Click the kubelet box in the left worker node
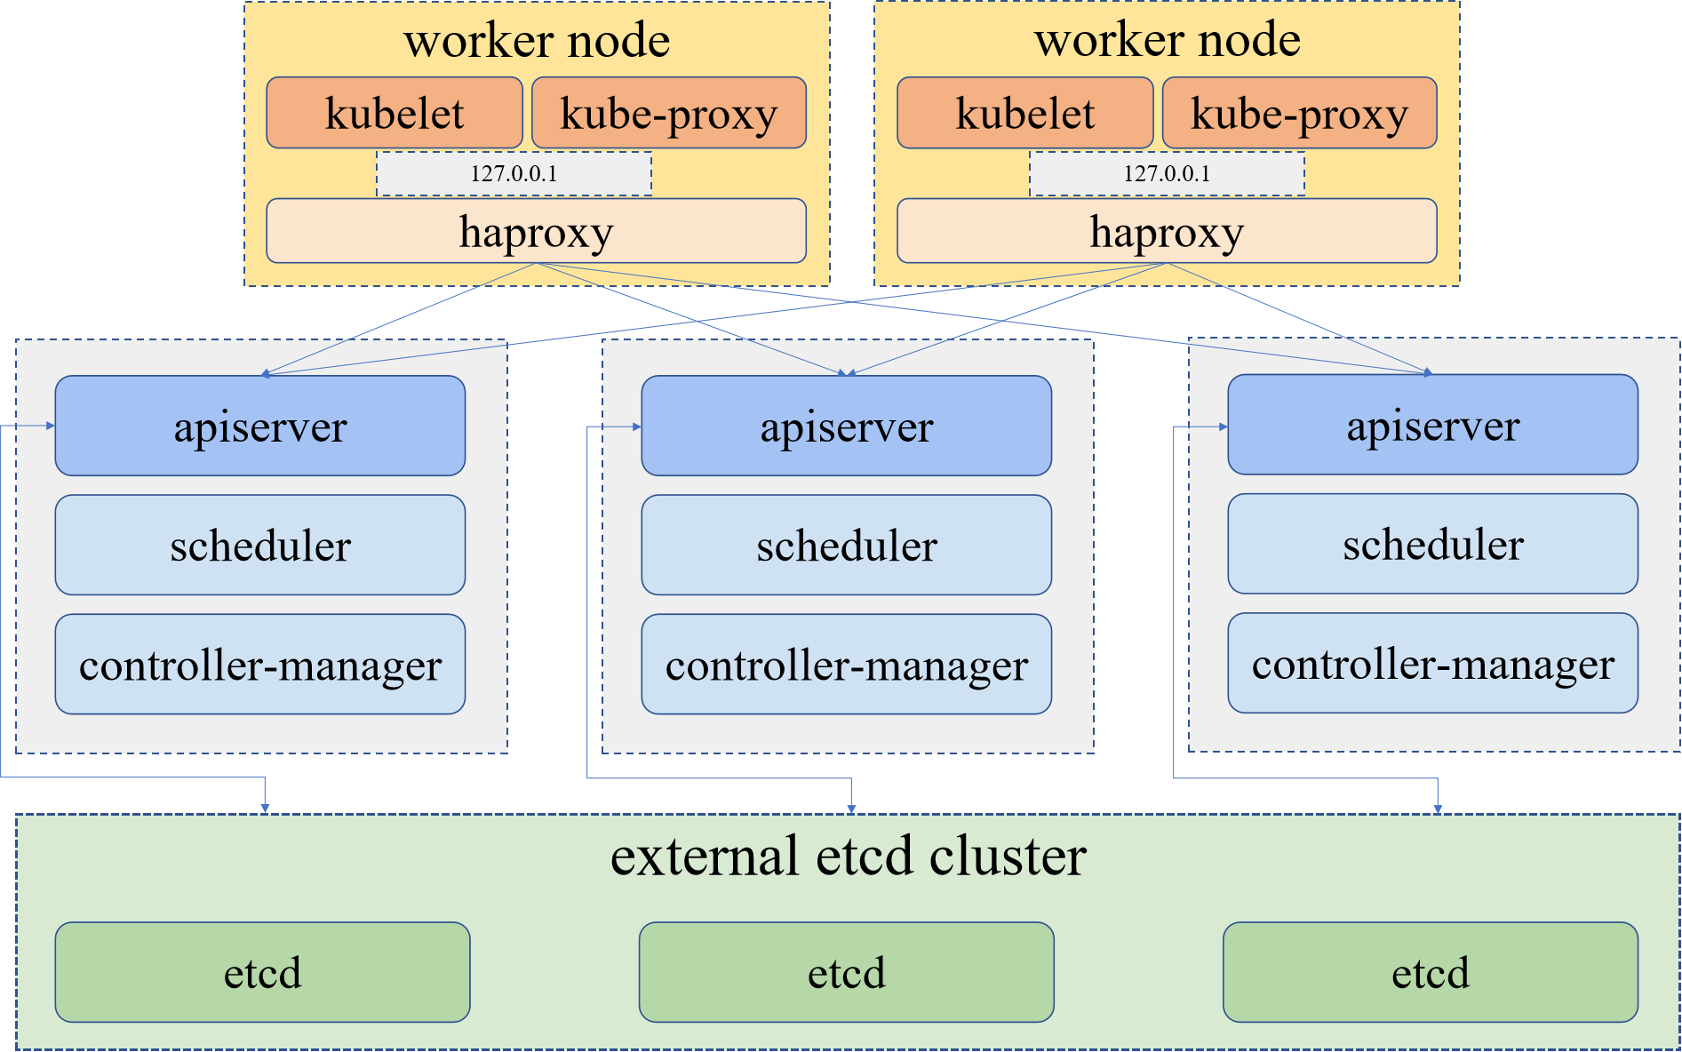point(395,113)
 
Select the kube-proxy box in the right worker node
point(1299,113)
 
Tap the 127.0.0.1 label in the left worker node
point(514,173)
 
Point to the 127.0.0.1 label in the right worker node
point(1167,173)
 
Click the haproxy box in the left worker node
point(536,231)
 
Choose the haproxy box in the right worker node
point(1167,231)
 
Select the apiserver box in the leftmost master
point(259,426)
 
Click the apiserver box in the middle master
point(846,426)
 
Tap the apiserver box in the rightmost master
point(1432,425)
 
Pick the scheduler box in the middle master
point(846,545)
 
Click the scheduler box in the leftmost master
point(259,545)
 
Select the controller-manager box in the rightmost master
point(1432,663)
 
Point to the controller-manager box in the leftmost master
point(259,664)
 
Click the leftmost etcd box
point(262,972)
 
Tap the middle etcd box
point(846,972)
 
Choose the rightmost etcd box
point(1430,972)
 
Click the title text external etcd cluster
point(848,857)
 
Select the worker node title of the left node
point(537,40)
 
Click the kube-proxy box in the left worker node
point(668,113)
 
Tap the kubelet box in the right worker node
point(1024,113)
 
